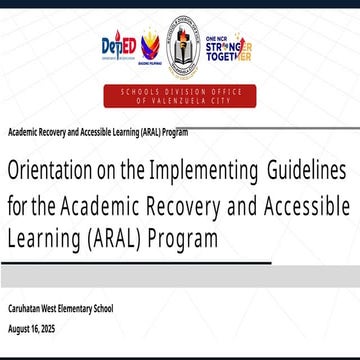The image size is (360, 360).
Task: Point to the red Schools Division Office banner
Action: click(181, 98)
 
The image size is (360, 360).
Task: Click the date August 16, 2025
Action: click(33, 328)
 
